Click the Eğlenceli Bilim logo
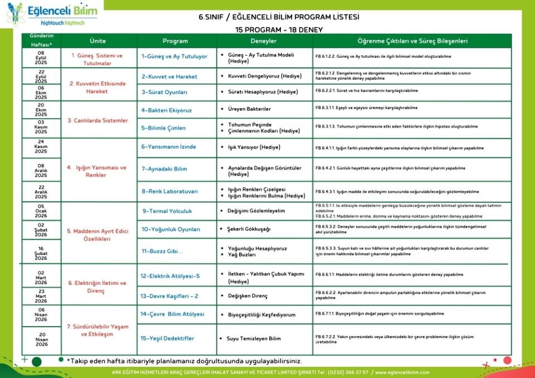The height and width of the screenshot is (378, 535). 52,15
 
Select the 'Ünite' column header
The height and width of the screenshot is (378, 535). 98,41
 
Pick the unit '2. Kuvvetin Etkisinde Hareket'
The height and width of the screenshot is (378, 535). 98,87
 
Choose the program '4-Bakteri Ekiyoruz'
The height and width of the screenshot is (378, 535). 167,110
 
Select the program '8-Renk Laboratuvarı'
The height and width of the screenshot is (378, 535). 169,192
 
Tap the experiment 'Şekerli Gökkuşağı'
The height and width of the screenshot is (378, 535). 249,229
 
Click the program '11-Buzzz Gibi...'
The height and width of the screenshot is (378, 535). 162,251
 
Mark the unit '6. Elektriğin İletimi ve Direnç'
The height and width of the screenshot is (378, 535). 98,287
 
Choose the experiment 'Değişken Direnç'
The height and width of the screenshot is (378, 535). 248,296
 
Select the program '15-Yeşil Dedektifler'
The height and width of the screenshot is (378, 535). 168,338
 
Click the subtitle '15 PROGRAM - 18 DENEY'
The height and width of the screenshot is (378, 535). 279,29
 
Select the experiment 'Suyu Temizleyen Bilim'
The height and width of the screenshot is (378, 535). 254,338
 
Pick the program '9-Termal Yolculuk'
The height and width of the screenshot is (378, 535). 167,211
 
